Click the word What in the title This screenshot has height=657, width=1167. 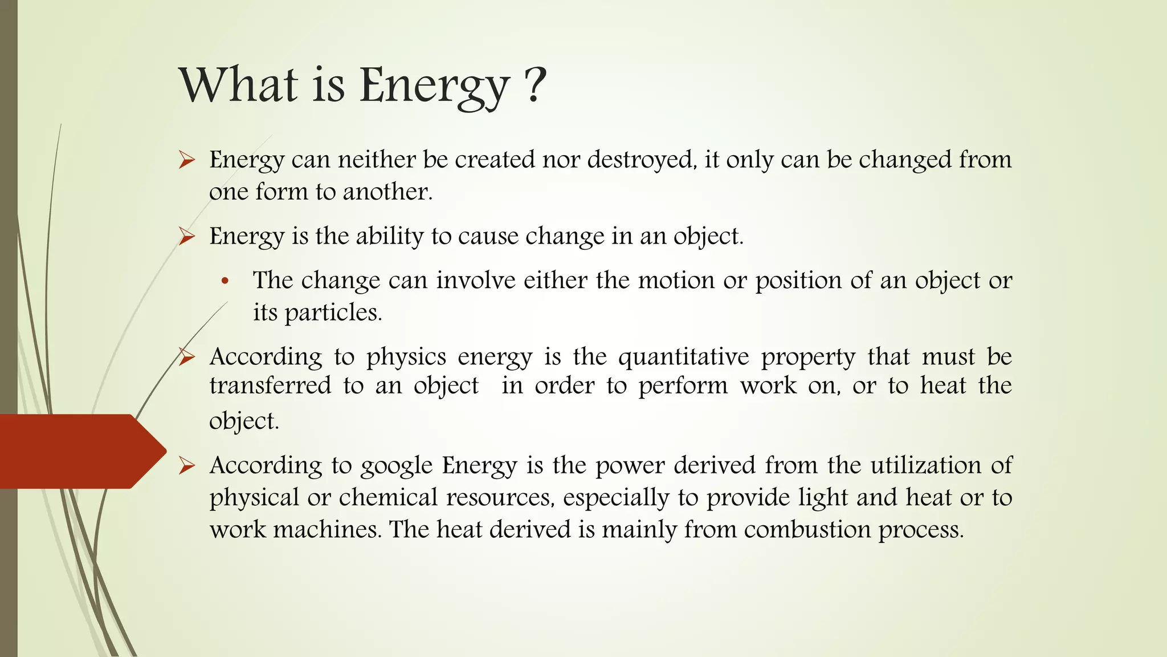[x=238, y=85]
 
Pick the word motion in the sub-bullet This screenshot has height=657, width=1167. [x=676, y=281]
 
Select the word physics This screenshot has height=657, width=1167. [x=406, y=357]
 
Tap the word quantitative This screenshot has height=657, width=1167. [x=683, y=357]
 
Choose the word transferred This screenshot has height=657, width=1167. [x=270, y=386]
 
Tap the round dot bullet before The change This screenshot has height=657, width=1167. [x=225, y=281]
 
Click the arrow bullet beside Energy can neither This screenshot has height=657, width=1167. [x=186, y=160]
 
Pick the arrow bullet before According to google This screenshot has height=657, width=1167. [x=186, y=466]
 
